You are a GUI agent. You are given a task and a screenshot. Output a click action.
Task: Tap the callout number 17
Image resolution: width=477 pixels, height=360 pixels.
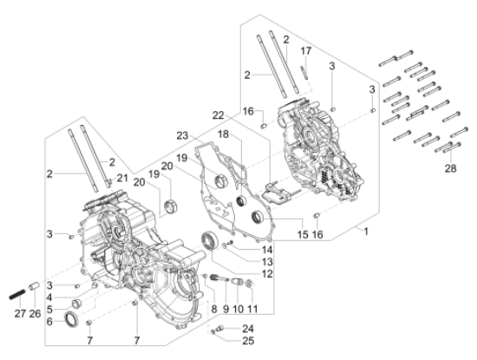(x=304, y=51)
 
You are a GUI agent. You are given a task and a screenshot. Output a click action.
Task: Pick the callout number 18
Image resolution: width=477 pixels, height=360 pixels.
(x=224, y=135)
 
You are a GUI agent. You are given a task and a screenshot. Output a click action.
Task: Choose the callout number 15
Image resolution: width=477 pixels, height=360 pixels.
(x=304, y=235)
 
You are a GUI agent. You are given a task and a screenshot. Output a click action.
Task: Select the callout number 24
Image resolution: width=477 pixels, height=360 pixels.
(x=248, y=328)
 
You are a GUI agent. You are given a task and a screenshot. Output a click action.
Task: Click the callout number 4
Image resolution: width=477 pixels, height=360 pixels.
(x=49, y=298)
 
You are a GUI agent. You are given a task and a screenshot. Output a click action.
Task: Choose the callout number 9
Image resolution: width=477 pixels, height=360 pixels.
(x=225, y=309)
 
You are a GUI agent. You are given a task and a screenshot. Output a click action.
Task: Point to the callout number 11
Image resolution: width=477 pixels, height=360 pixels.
(x=252, y=309)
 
